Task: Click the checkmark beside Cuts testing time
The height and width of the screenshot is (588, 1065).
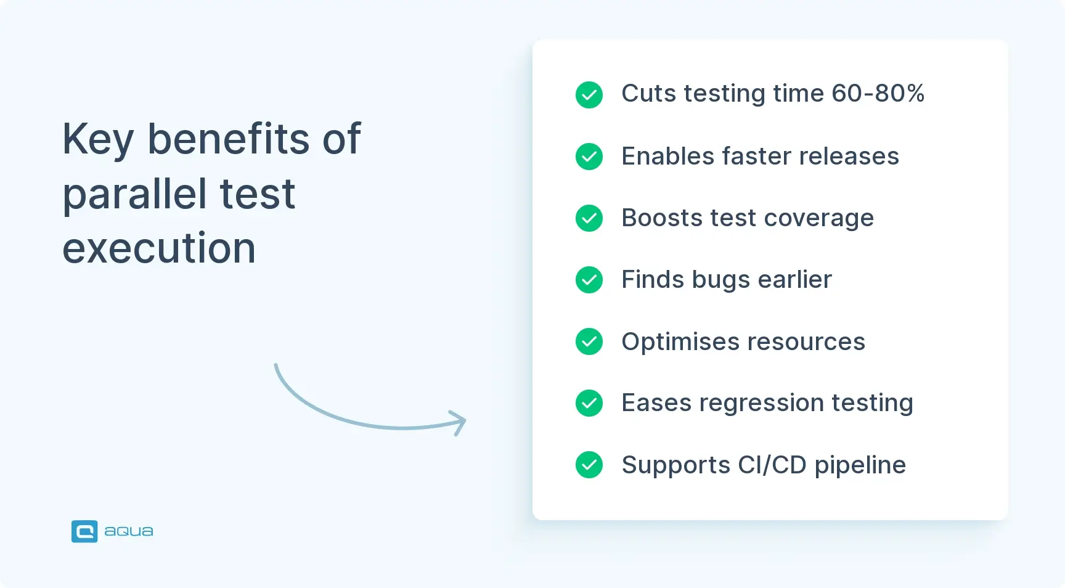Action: (x=589, y=95)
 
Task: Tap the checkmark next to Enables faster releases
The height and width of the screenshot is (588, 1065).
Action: (x=589, y=157)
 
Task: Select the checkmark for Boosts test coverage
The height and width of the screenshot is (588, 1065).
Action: (x=589, y=218)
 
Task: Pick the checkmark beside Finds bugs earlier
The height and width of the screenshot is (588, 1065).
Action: (x=589, y=280)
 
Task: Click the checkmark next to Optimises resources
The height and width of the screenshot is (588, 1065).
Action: (x=589, y=341)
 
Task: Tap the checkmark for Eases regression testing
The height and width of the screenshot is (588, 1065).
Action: (x=589, y=403)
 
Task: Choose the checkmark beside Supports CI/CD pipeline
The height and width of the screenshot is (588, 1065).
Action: (x=589, y=465)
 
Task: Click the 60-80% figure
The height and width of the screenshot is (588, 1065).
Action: (x=878, y=94)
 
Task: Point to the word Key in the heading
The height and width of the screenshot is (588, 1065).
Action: (x=98, y=139)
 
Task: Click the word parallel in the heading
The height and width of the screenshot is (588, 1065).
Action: (x=135, y=195)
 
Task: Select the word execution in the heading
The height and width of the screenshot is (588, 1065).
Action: (x=159, y=248)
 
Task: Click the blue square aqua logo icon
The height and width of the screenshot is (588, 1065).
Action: (x=84, y=531)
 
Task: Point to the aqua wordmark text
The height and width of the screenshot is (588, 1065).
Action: (x=128, y=531)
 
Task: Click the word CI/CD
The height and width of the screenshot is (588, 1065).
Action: (x=772, y=465)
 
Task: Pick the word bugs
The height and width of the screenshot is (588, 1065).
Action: (x=721, y=280)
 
